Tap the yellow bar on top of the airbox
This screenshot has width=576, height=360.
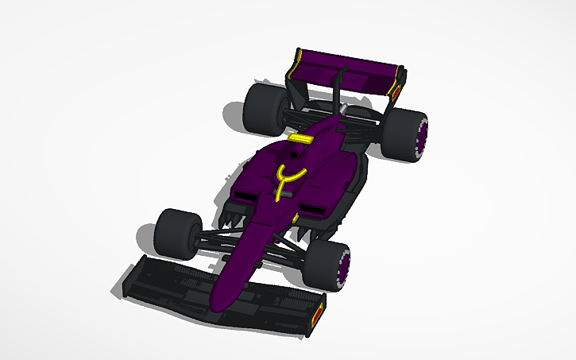[x=299, y=138]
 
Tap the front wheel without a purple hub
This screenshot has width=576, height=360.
[x=176, y=233]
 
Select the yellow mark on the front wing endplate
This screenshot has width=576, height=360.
[x=320, y=312]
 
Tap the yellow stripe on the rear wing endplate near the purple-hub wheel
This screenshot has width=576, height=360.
[x=394, y=89]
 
